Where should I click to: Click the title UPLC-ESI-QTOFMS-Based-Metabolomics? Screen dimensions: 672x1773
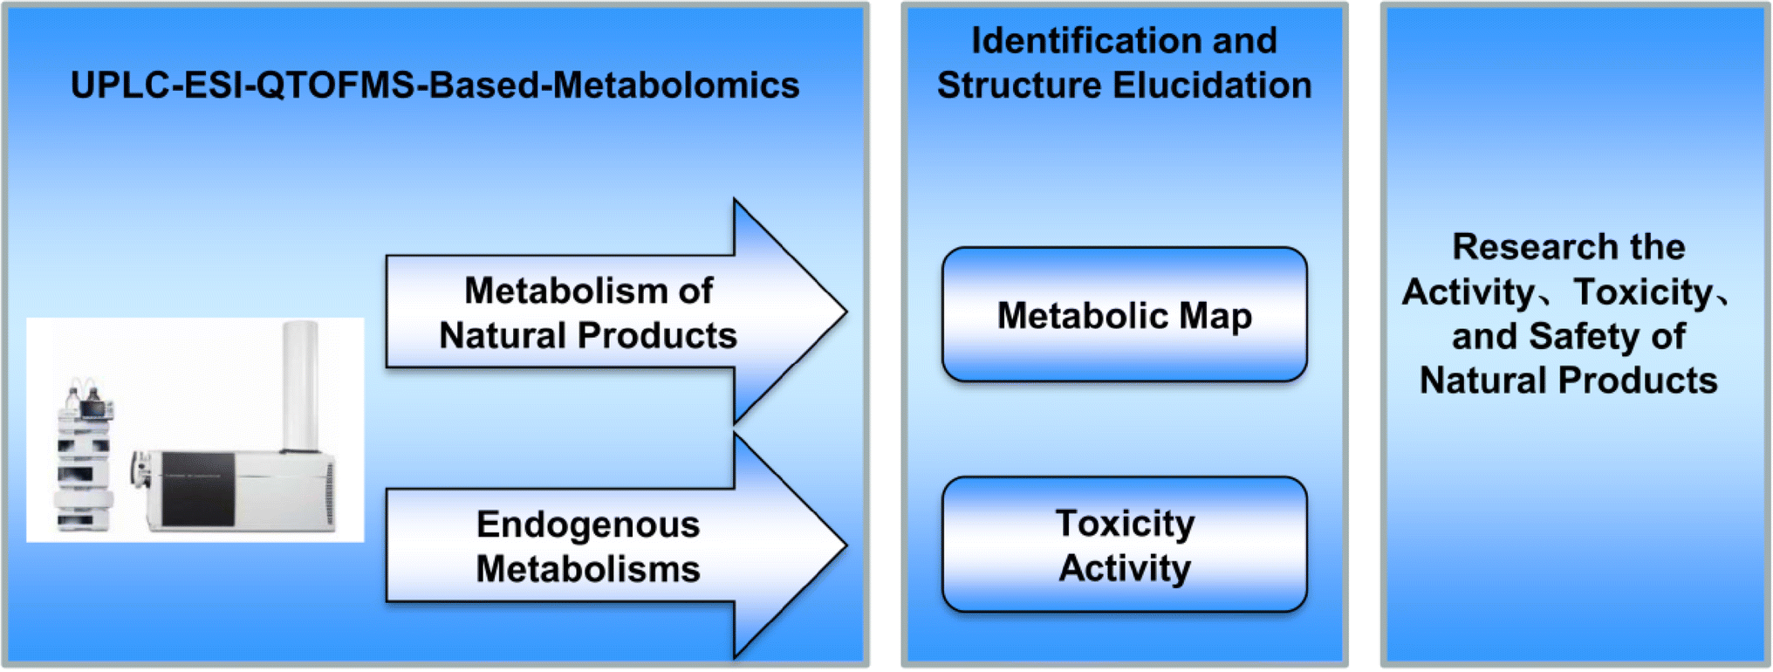point(435,86)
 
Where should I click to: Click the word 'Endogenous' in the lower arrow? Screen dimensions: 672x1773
point(588,525)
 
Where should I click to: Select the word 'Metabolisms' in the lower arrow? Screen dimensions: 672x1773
point(588,569)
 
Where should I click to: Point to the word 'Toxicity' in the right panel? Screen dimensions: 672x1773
point(1643,291)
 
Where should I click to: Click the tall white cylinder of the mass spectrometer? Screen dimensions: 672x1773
point(299,384)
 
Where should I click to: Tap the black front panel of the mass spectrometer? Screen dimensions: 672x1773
point(198,489)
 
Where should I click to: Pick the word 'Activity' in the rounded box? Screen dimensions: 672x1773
point(1124,568)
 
